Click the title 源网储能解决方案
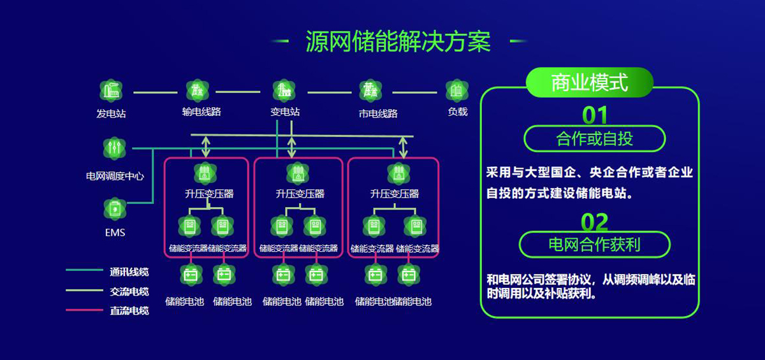pos(398,41)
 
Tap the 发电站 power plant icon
pos(111,91)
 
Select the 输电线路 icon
pos(197,90)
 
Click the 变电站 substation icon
pos(284,90)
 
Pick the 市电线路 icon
pos(370,90)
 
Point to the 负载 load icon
pos(456,90)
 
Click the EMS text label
pos(115,233)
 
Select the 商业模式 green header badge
pos(590,83)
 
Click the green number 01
pos(595,115)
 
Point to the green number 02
pos(595,222)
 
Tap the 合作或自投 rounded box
pos(594,138)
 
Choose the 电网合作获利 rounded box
pos(594,244)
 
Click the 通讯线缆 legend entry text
pos(129,272)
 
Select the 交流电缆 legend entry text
pos(129,291)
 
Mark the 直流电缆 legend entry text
pos(129,311)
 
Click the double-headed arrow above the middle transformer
pos(292,147)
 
